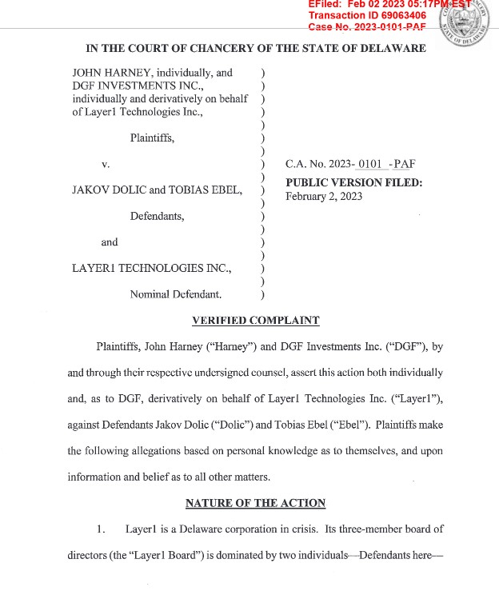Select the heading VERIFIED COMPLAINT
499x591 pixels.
point(256,321)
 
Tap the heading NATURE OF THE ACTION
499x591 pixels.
point(255,503)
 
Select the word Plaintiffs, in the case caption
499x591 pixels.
point(152,138)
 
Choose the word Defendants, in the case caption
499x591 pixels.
point(158,216)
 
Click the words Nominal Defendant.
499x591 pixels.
point(176,294)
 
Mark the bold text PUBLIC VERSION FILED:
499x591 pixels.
point(353,183)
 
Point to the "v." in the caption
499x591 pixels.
point(105,164)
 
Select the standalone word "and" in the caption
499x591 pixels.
point(110,242)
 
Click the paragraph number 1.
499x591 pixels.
point(101,529)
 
